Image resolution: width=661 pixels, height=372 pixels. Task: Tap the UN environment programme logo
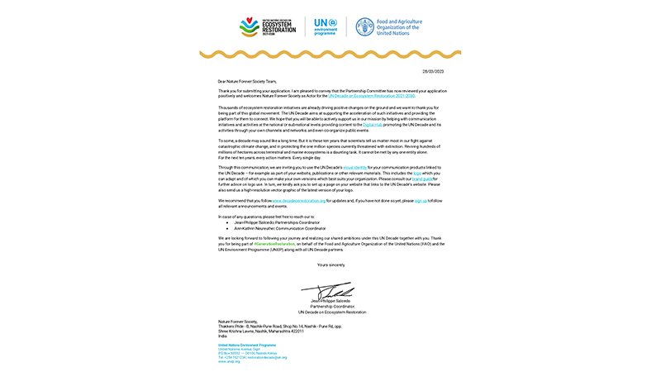pos(326,27)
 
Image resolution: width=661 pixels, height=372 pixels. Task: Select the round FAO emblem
pos(364,27)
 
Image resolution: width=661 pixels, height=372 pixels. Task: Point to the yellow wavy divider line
pos(330,55)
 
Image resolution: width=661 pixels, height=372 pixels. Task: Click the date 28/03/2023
pos(434,72)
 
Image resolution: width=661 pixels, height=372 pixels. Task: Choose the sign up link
pos(420,200)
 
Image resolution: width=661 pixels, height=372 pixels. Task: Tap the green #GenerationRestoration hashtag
pos(273,246)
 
